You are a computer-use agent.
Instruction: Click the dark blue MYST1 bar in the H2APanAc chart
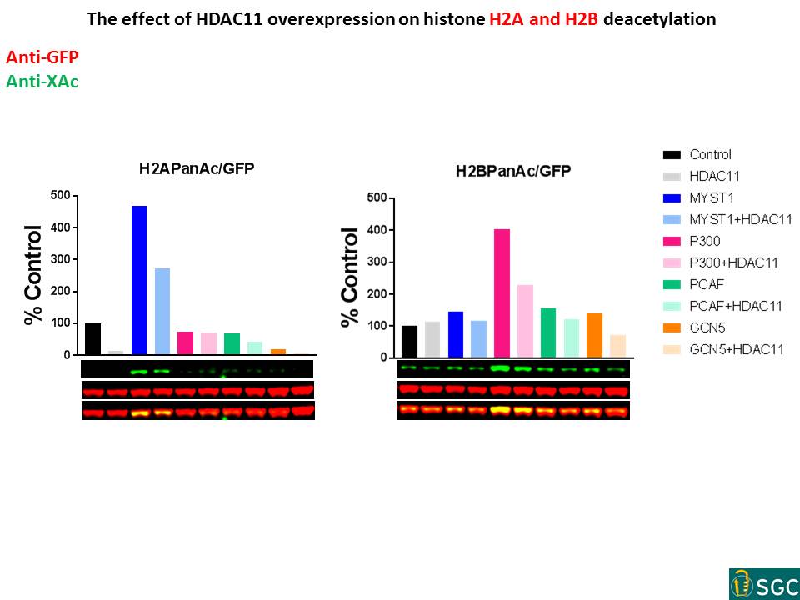(x=138, y=280)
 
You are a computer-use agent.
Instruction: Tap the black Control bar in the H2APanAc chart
(x=92, y=338)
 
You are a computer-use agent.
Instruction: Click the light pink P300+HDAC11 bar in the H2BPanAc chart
(x=525, y=321)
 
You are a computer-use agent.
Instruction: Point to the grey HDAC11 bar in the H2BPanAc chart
(x=432, y=339)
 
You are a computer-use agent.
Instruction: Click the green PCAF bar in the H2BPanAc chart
(x=547, y=332)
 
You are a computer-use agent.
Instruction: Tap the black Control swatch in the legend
(x=672, y=155)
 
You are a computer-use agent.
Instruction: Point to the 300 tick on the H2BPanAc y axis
(x=379, y=262)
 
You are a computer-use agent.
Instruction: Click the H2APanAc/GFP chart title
(x=197, y=168)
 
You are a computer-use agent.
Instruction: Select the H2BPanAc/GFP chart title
(x=512, y=172)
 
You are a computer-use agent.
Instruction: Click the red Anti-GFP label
(x=43, y=57)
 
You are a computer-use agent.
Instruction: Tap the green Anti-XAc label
(x=42, y=82)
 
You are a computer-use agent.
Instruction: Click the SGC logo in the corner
(x=763, y=584)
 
